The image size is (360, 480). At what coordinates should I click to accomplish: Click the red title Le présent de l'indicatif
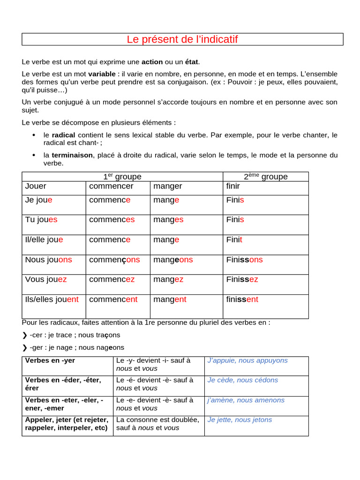click(182, 39)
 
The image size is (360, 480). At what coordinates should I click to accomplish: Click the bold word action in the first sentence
click(152, 62)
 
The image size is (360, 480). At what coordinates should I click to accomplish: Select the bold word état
click(191, 62)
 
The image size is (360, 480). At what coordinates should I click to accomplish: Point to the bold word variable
click(102, 74)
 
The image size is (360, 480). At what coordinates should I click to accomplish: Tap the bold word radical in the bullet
click(63, 135)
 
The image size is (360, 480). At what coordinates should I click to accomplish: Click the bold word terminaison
click(72, 155)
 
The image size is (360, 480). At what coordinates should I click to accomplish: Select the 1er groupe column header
click(122, 177)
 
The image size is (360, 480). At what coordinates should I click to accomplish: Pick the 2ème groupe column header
click(265, 177)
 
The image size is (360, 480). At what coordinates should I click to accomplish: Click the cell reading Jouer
click(36, 186)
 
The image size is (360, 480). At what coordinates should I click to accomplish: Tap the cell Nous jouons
click(49, 260)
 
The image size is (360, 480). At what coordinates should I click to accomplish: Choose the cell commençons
click(114, 260)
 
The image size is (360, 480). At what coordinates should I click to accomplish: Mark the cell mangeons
click(173, 260)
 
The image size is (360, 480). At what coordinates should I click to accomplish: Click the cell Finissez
click(242, 279)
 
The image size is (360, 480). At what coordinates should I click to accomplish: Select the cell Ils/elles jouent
click(52, 300)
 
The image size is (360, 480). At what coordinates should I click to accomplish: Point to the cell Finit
click(234, 240)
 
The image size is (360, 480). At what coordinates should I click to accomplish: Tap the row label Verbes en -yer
click(50, 360)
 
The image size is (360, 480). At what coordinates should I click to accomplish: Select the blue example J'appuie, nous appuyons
click(247, 360)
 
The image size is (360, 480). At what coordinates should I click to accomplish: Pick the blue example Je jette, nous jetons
click(240, 420)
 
